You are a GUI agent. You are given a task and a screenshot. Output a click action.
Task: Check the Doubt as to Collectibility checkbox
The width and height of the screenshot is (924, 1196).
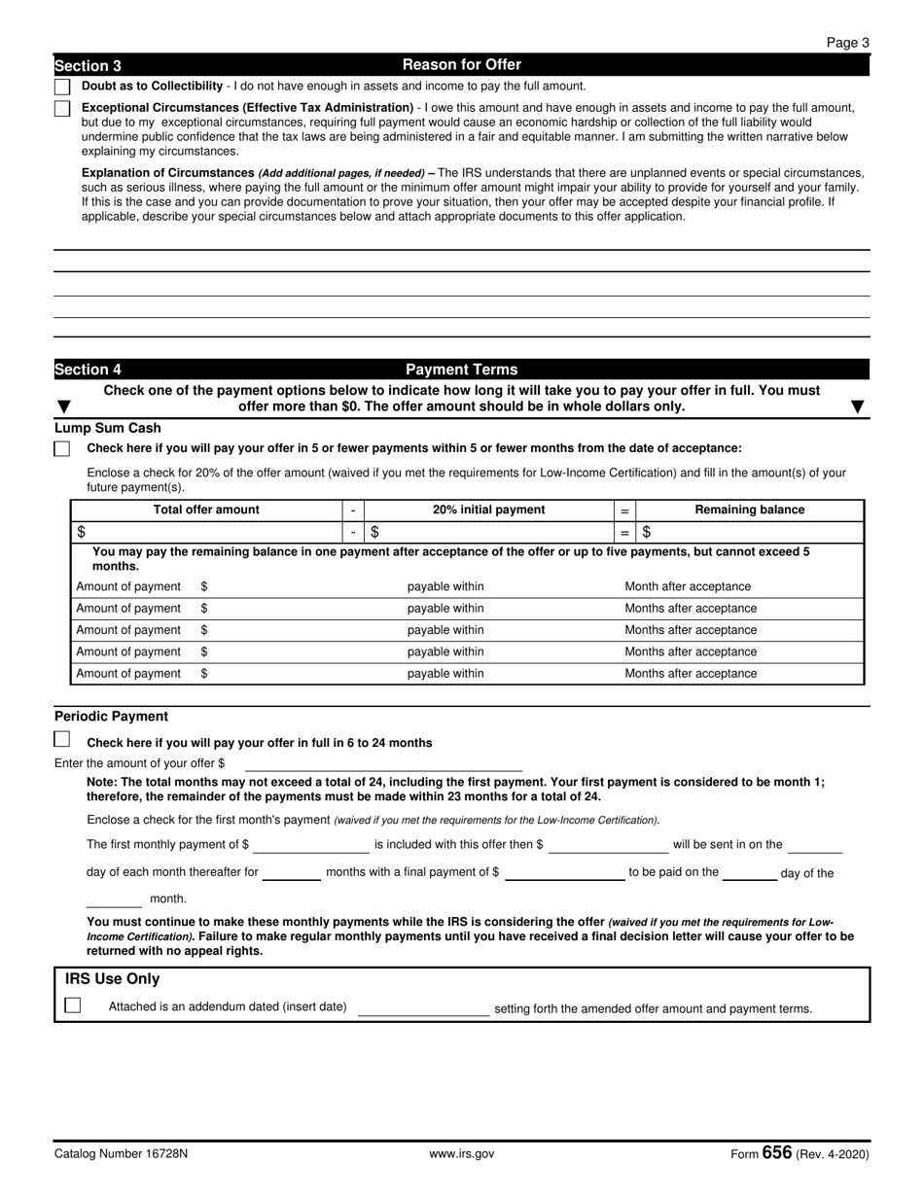(x=62, y=87)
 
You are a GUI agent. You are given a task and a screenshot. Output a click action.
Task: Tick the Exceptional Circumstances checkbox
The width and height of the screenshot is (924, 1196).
(x=62, y=108)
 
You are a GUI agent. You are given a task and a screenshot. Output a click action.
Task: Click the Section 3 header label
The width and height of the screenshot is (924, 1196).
(x=89, y=66)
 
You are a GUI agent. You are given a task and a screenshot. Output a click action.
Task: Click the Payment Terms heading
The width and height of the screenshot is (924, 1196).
(x=461, y=369)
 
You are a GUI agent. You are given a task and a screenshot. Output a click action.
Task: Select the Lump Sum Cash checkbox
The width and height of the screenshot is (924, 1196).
(x=62, y=449)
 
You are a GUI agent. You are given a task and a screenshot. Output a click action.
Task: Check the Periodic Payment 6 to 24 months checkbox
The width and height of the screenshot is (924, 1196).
(x=62, y=740)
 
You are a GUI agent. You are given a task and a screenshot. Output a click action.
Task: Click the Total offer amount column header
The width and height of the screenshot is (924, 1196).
(x=206, y=510)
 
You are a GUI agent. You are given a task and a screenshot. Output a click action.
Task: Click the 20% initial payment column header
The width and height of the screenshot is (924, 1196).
(x=488, y=510)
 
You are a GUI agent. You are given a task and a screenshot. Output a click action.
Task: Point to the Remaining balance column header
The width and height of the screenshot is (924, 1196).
(x=749, y=510)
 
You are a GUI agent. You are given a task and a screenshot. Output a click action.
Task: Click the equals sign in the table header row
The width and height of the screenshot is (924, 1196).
(x=624, y=510)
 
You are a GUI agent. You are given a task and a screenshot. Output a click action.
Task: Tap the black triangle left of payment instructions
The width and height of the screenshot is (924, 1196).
(x=64, y=406)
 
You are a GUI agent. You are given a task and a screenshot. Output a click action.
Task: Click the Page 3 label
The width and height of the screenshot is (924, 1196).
(x=847, y=42)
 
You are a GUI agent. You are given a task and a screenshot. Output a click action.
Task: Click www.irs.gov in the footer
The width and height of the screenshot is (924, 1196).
(x=461, y=1154)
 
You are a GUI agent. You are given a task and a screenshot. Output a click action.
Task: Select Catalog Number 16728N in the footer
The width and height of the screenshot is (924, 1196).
(x=122, y=1154)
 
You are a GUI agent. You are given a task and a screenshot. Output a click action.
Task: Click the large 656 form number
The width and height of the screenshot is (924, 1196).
(x=776, y=1153)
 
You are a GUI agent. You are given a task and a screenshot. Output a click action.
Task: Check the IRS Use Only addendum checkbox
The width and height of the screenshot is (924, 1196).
(x=73, y=1006)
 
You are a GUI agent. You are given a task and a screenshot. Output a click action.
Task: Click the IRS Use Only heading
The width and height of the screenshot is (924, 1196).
(x=113, y=979)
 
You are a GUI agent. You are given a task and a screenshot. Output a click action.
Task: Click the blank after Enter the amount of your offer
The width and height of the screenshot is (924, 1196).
(x=382, y=764)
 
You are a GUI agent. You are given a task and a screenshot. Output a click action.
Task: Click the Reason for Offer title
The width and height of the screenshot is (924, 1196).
(x=461, y=65)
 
